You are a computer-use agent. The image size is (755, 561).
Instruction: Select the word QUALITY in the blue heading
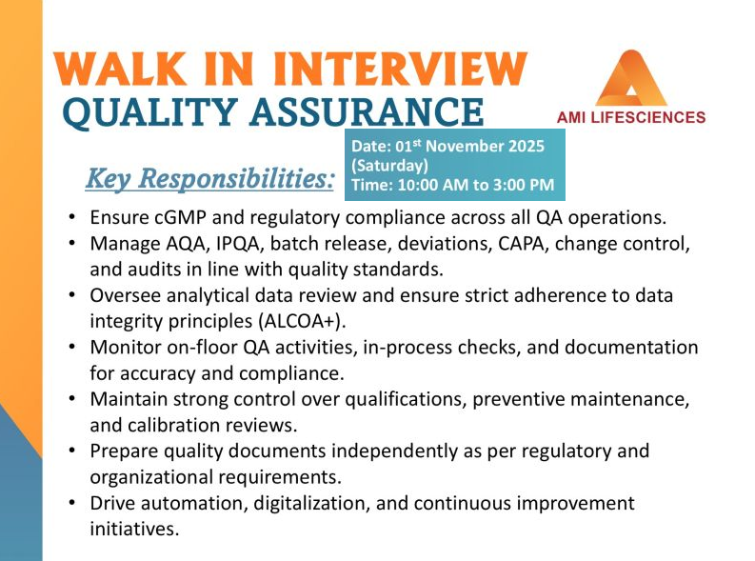(144, 111)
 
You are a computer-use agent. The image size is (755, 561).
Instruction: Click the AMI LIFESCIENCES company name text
(631, 118)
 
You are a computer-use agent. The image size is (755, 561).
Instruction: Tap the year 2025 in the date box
(525, 146)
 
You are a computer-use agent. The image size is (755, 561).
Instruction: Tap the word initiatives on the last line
(134, 528)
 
